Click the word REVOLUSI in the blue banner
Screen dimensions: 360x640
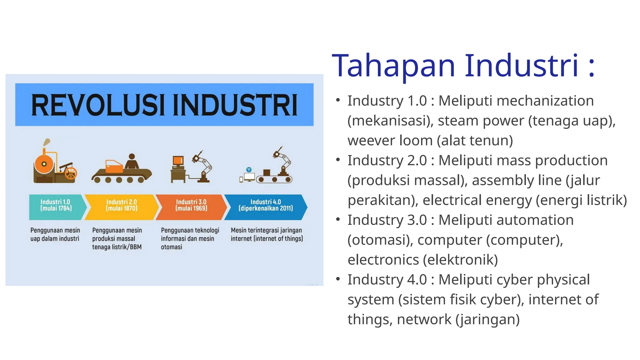[x=97, y=105]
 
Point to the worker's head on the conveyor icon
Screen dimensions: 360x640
[x=132, y=157]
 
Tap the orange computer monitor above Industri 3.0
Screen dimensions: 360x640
[x=178, y=161]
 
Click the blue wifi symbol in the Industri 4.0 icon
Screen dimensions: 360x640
[x=249, y=170]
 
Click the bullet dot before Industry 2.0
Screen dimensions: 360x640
[x=338, y=160]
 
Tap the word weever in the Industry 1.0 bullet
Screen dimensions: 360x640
[x=368, y=141]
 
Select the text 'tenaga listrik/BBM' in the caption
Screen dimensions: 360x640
[x=117, y=247]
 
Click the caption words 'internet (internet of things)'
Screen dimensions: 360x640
[x=267, y=239]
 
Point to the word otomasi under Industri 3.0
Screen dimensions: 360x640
[x=171, y=247]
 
